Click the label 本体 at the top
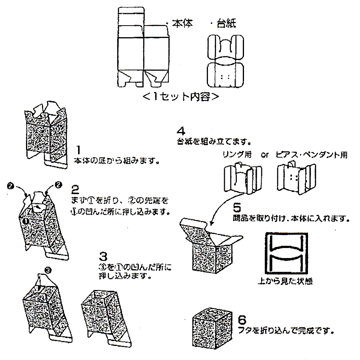[x=182, y=24]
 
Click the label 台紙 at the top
[x=226, y=24]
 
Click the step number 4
[x=181, y=131]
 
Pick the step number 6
[x=242, y=320]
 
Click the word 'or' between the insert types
[x=264, y=155]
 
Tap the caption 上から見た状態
[x=284, y=281]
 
